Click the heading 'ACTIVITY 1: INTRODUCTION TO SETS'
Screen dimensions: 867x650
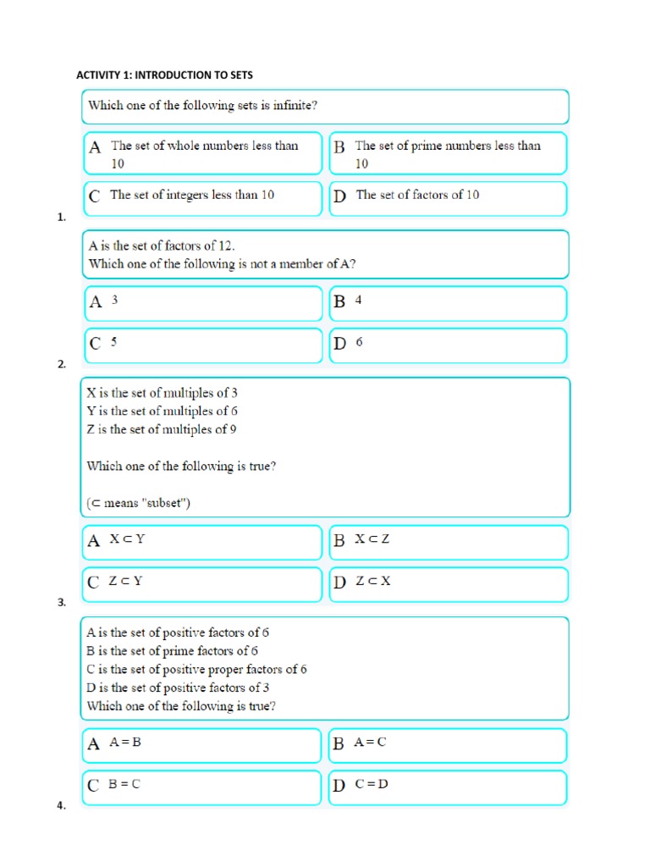tap(164, 75)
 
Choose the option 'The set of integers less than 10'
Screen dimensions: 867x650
tap(192, 196)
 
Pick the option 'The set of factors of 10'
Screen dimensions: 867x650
tap(417, 196)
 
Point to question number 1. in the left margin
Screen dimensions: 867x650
tap(61, 218)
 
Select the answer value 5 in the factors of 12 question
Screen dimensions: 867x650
tap(114, 343)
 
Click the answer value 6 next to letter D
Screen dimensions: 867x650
tap(359, 343)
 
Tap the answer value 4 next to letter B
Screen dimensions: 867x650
tap(359, 301)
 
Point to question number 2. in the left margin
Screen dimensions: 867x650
tap(61, 364)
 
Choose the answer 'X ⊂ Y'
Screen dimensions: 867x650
tap(128, 539)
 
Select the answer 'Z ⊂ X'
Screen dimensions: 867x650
tap(372, 582)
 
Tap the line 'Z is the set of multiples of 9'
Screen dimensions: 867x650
tap(162, 429)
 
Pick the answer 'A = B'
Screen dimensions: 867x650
tap(124, 743)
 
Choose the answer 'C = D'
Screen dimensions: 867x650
tap(371, 784)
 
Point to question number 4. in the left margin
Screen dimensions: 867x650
tap(61, 806)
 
